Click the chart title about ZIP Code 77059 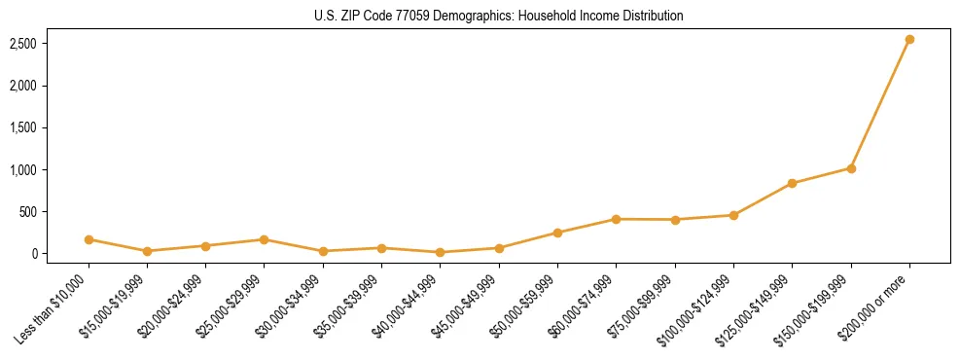[x=499, y=16]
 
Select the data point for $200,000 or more [x=909, y=40]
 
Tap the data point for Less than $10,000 [x=89, y=239]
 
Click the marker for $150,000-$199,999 [x=851, y=168]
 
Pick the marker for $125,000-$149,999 [x=793, y=183]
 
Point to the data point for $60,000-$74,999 [x=617, y=219]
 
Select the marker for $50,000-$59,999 [x=557, y=233]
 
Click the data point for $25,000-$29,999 [x=265, y=239]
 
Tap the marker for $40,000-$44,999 [x=441, y=252]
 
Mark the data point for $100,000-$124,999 [x=733, y=215]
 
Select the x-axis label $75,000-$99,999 [x=639, y=309]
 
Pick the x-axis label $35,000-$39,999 [x=346, y=309]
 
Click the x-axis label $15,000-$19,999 [x=112, y=309]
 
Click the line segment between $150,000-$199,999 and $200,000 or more [x=880, y=104]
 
